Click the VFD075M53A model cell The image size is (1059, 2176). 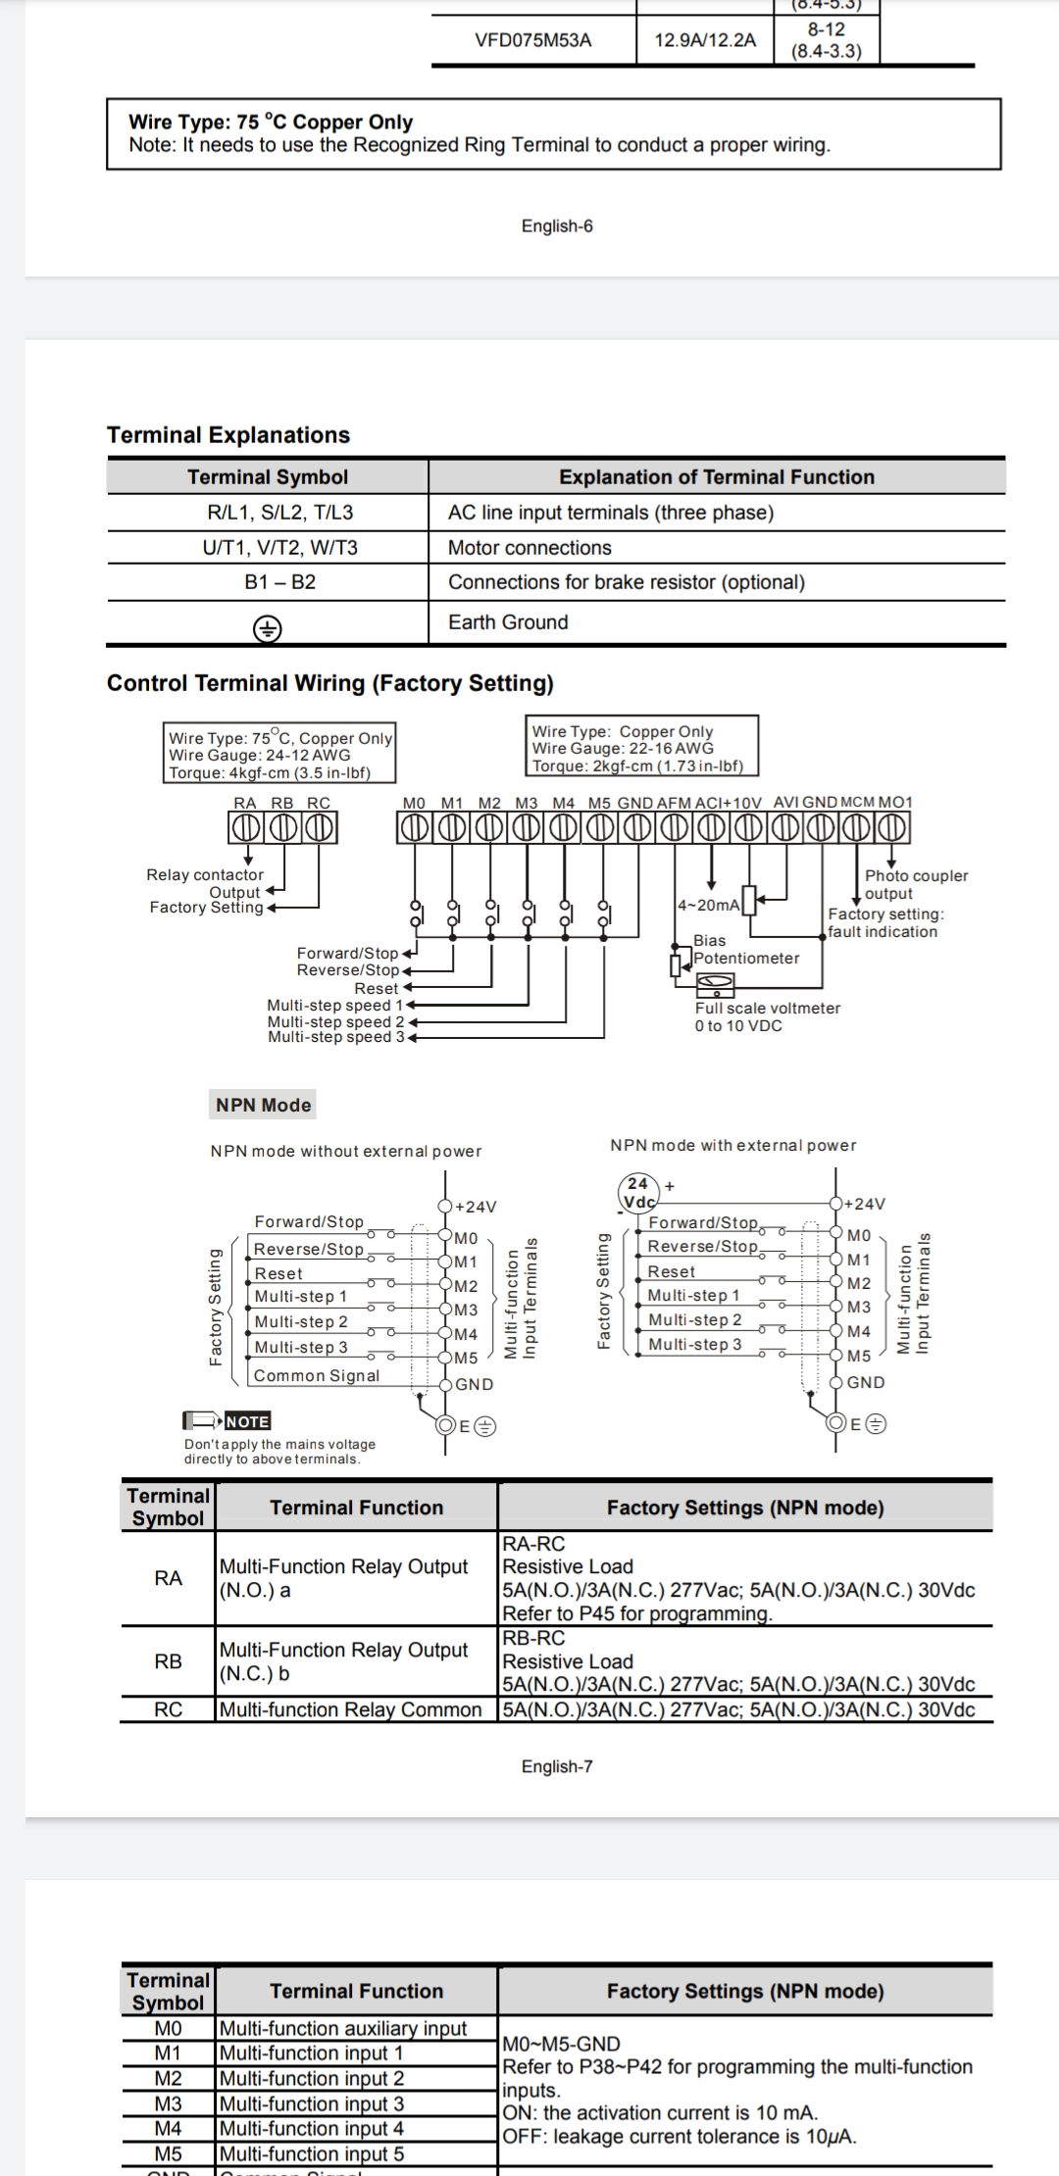click(532, 40)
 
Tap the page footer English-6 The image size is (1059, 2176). click(557, 226)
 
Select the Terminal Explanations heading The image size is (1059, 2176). click(228, 435)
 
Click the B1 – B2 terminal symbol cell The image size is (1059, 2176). click(279, 582)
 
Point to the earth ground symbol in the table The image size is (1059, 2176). click(267, 628)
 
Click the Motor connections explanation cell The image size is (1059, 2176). click(529, 548)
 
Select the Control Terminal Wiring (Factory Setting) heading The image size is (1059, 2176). click(329, 683)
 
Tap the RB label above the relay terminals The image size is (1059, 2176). click(282, 803)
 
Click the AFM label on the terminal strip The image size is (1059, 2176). click(674, 803)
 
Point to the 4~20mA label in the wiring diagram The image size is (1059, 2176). click(708, 905)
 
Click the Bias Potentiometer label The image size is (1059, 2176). click(745, 950)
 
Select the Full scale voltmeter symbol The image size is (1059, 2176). click(715, 982)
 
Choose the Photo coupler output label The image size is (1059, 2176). click(915, 884)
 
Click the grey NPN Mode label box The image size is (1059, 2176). click(263, 1105)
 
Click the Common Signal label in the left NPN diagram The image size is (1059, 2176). click(316, 1376)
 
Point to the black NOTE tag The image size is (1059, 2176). click(247, 1421)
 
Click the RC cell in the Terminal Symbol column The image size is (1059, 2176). click(168, 1709)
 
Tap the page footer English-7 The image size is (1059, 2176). click(557, 1766)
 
